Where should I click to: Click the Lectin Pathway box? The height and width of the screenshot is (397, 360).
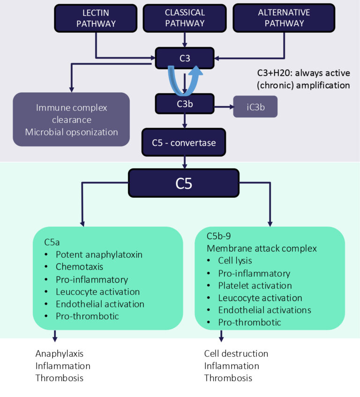pyautogui.click(x=96, y=18)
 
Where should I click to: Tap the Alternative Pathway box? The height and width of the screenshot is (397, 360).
pyautogui.click(x=284, y=18)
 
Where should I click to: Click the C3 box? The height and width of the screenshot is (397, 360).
pyautogui.click(x=185, y=58)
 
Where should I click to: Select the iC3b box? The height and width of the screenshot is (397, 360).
pyautogui.click(x=256, y=106)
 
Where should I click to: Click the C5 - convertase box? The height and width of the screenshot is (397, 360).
pyautogui.click(x=185, y=142)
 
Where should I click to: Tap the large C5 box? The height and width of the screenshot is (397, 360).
pyautogui.click(x=184, y=183)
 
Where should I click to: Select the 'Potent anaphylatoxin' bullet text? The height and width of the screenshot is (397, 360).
pyautogui.click(x=98, y=255)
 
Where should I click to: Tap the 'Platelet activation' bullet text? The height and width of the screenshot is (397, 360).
pyautogui.click(x=255, y=285)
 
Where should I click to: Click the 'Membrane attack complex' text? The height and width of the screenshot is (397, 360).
pyautogui.click(x=256, y=248)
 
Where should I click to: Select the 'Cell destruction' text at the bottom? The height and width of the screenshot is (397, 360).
pyautogui.click(x=236, y=353)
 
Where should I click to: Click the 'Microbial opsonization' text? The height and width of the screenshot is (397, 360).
pyautogui.click(x=71, y=132)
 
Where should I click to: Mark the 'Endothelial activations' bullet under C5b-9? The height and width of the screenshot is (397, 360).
pyautogui.click(x=264, y=310)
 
